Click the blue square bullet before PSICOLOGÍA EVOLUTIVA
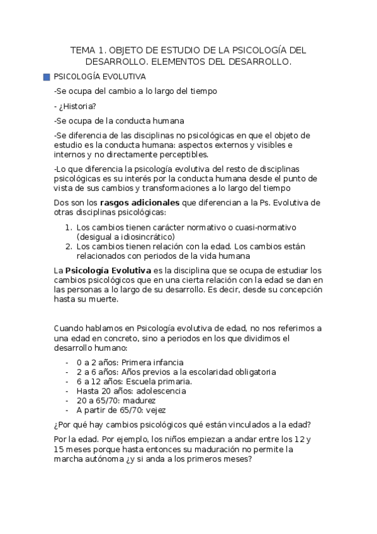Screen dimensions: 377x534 (47, 76)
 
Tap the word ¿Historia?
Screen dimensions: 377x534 (75, 106)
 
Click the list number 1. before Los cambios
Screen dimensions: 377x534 (69, 227)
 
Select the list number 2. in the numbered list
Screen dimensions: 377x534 (69, 246)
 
